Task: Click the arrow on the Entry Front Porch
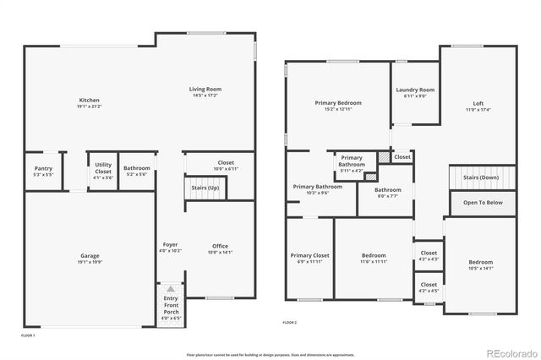(x=171, y=290)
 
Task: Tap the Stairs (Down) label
(x=482, y=177)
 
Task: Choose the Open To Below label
(x=483, y=203)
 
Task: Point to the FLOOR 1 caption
(x=27, y=335)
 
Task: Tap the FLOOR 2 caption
(x=289, y=323)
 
